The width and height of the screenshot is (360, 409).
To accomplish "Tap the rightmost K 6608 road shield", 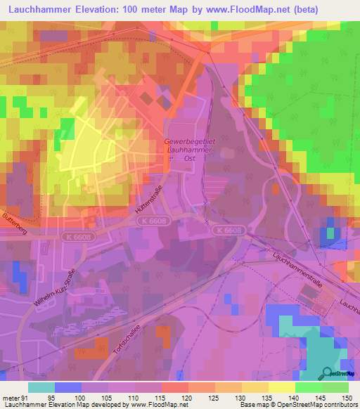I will pyautogui.click(x=229, y=230).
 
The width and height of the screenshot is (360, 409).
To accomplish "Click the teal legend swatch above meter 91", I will pyautogui.click(x=41, y=387).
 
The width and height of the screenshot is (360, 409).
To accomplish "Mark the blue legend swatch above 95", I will pyautogui.click(x=68, y=387).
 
